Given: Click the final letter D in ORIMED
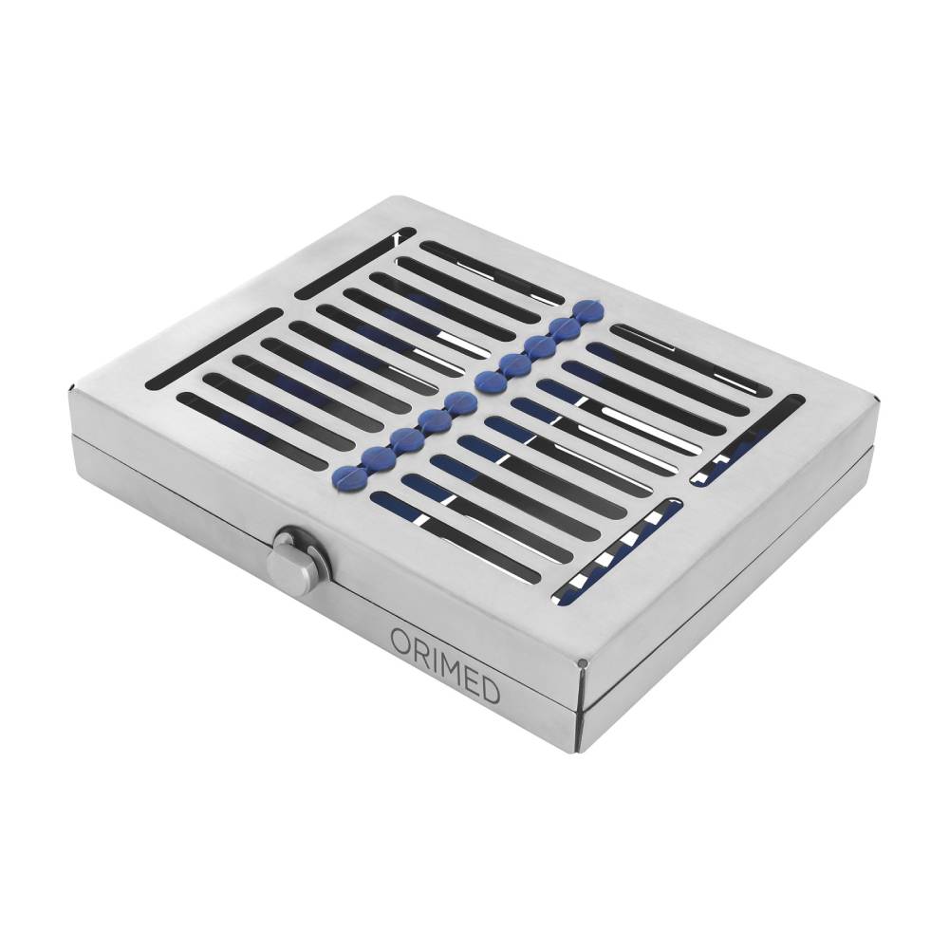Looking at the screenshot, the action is tap(492, 685).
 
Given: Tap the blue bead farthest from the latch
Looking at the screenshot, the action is tap(590, 311).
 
